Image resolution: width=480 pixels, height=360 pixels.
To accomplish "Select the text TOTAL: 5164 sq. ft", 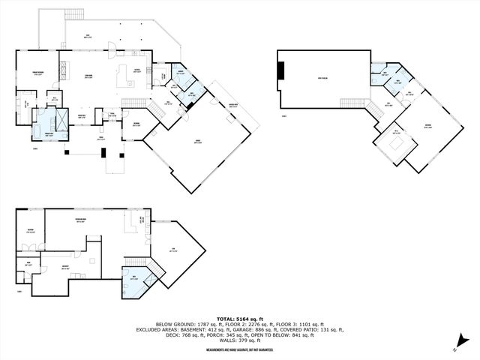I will point(240,319).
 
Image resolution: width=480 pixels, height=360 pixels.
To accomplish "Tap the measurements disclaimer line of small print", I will point(240,346).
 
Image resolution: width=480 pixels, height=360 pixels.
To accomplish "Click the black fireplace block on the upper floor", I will point(281,70).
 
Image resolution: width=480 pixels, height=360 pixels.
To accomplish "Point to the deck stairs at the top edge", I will point(74,15).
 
